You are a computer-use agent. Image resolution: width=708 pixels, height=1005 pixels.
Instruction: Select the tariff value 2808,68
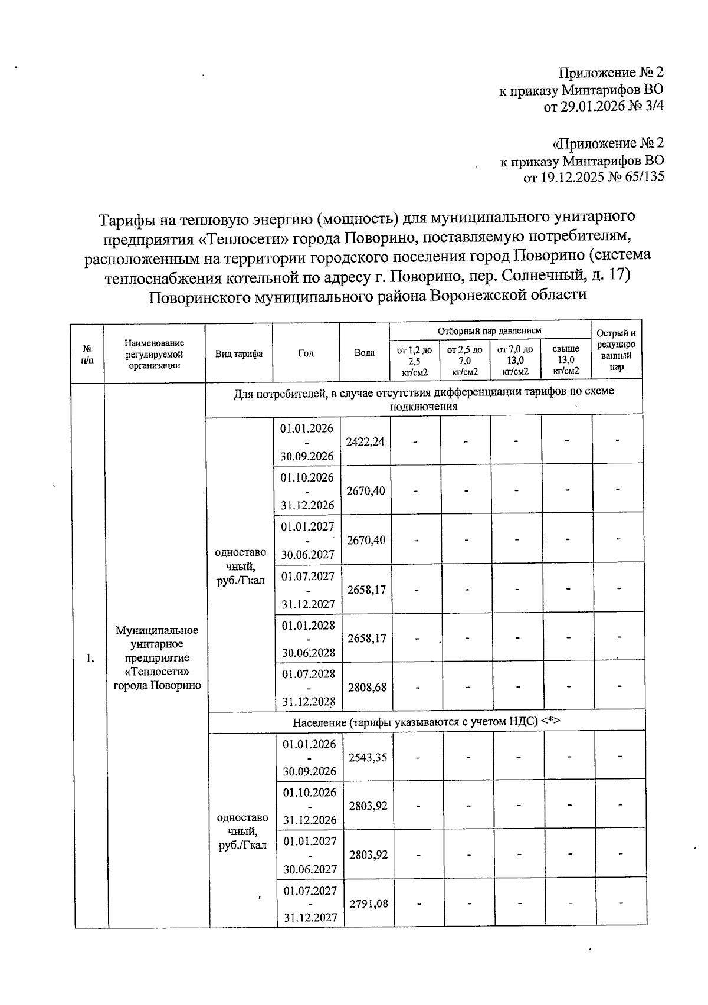[x=367, y=688]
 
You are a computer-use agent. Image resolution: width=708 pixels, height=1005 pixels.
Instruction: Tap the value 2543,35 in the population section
[x=368, y=757]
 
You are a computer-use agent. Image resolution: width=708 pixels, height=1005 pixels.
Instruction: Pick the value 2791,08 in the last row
[x=369, y=903]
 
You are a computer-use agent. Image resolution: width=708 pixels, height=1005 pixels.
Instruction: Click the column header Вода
[x=364, y=353]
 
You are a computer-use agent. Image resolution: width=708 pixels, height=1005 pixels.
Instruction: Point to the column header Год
[x=306, y=353]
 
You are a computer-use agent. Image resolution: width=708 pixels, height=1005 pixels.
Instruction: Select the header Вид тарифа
[x=239, y=353]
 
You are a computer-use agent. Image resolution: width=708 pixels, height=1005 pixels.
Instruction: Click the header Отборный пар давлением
[x=490, y=331]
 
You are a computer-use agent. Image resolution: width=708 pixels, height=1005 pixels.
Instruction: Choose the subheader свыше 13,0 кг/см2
[x=566, y=360]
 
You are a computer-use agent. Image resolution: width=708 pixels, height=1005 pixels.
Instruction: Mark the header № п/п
[x=87, y=353]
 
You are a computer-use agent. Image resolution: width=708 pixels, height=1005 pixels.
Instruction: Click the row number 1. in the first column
[x=90, y=658]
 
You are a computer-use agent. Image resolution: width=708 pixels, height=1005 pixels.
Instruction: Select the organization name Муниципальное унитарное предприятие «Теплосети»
[x=157, y=657]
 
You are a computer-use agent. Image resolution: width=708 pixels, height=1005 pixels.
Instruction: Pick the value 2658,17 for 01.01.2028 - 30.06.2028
[x=366, y=639]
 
